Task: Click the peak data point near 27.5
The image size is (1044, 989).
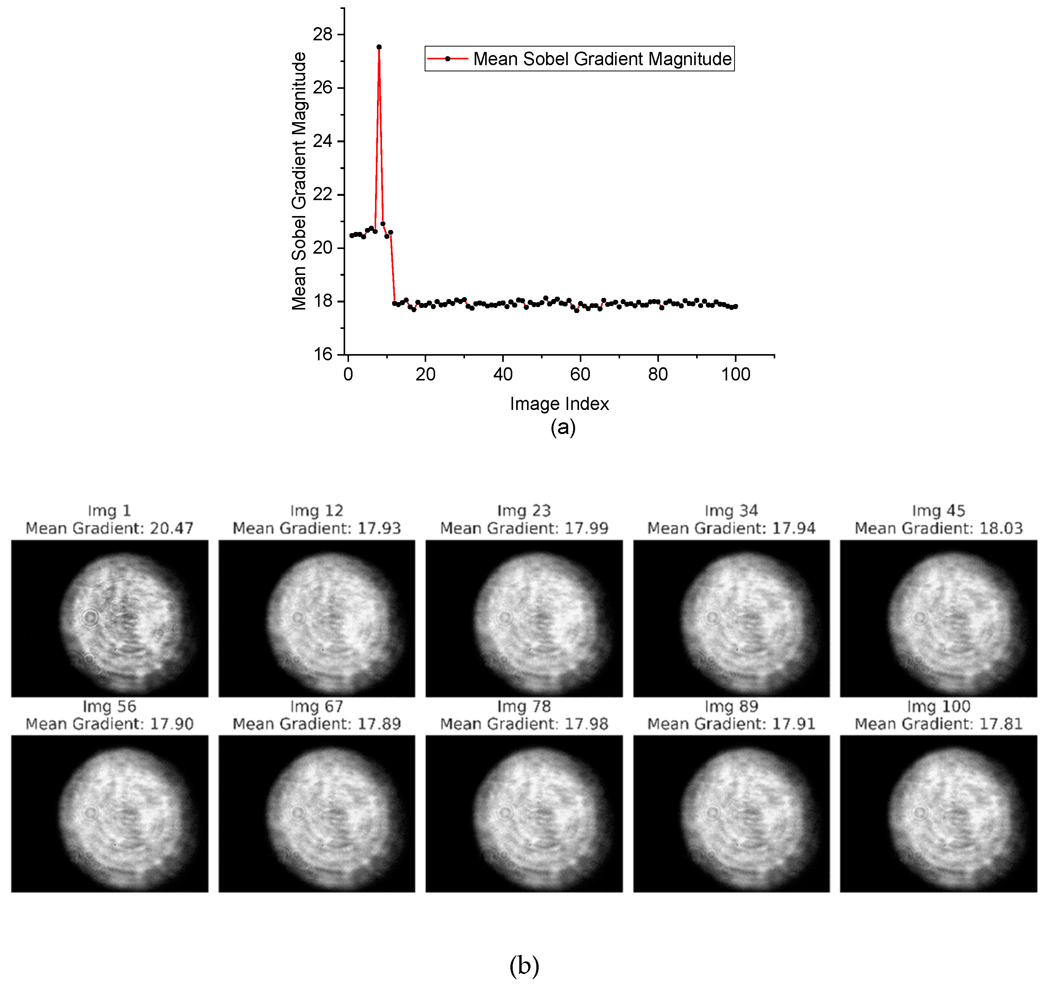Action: click(379, 47)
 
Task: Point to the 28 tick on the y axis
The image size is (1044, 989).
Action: click(322, 34)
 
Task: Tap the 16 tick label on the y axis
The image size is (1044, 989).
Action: click(322, 354)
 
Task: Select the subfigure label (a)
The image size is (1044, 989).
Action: click(563, 427)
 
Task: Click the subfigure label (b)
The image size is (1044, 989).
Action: click(524, 966)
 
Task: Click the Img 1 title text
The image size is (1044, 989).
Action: click(109, 510)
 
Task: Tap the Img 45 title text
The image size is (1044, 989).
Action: click(938, 510)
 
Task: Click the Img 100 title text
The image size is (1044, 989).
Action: click(938, 706)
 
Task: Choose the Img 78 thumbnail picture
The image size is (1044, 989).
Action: click(524, 813)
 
